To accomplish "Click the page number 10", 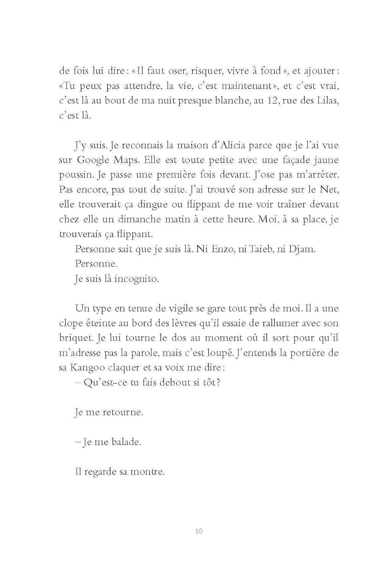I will click(x=199, y=531).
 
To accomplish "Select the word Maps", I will click(x=125, y=160).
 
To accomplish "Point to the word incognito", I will click(x=136, y=279).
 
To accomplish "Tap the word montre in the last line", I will click(x=147, y=472).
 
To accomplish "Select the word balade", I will click(x=126, y=442).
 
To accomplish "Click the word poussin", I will click(x=76, y=175).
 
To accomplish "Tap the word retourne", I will click(x=123, y=413).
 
